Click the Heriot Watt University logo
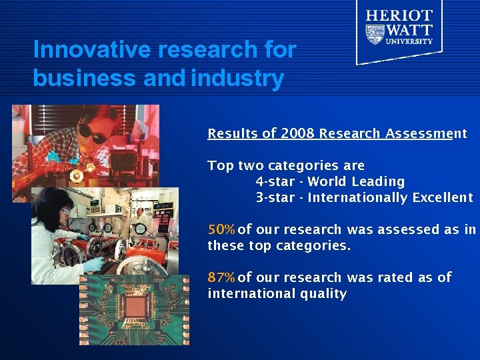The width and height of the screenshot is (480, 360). (x=399, y=30)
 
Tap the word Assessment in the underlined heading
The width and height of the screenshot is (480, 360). (x=426, y=133)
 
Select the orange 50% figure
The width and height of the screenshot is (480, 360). (x=221, y=230)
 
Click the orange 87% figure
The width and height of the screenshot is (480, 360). (x=221, y=277)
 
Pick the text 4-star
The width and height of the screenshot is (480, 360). (x=275, y=181)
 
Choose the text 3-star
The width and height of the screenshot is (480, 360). (x=275, y=197)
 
